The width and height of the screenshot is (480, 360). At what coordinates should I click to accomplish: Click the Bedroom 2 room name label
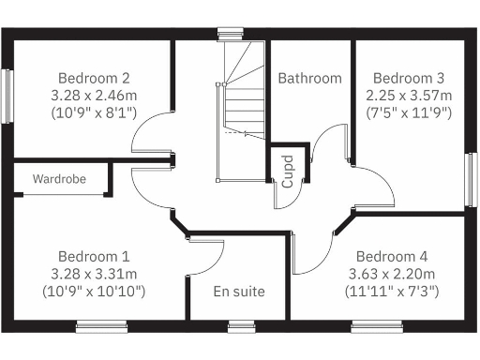point(94,78)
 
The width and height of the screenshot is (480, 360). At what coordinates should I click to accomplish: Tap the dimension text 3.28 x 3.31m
point(94,274)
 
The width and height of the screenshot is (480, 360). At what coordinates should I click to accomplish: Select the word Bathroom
point(309,78)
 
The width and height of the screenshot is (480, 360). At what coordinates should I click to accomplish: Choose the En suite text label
point(238,292)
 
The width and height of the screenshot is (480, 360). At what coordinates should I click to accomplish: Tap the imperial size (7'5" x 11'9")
point(409,112)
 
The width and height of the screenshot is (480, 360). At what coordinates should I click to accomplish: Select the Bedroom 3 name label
point(409,78)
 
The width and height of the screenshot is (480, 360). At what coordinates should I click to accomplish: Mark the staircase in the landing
point(242,112)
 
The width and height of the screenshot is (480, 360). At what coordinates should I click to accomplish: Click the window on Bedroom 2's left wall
point(7,96)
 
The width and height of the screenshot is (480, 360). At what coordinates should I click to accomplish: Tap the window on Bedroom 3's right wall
point(472,179)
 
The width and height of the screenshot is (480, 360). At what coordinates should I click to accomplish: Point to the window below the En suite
point(242,326)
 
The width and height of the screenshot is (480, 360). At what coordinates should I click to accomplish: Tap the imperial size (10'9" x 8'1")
point(94,112)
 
